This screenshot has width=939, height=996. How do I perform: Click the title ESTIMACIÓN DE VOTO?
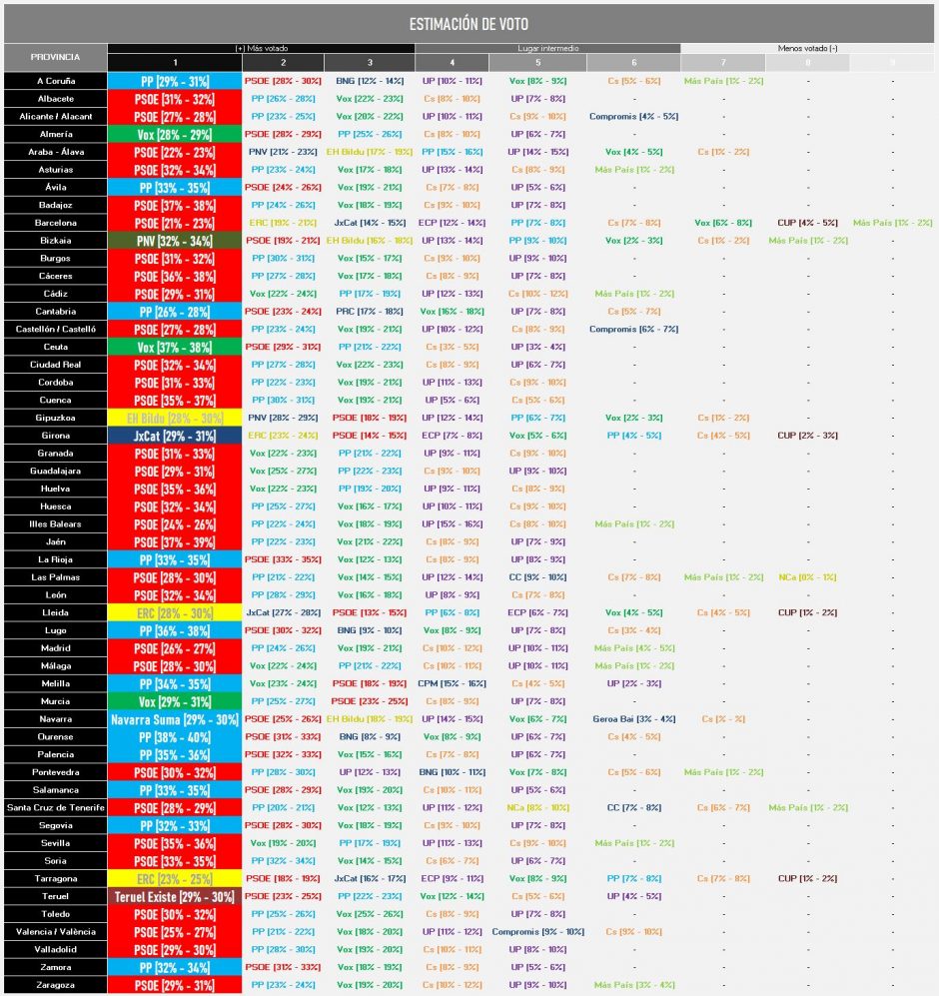pyautogui.click(x=469, y=24)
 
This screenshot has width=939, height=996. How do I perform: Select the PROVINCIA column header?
pyautogui.click(x=55, y=57)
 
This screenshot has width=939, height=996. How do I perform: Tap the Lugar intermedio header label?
pyautogui.click(x=546, y=48)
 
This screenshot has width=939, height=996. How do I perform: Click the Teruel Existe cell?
pyautogui.click(x=175, y=897)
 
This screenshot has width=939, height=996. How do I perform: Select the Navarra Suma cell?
pyautogui.click(x=175, y=719)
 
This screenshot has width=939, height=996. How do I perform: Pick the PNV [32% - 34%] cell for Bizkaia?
pyautogui.click(x=175, y=241)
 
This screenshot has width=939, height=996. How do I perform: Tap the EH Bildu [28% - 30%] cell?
pyautogui.click(x=175, y=418)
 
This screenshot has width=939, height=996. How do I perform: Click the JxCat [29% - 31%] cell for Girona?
pyautogui.click(x=175, y=436)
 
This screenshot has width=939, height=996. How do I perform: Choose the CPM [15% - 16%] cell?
pyautogui.click(x=452, y=683)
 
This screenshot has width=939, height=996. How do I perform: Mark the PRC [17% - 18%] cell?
pyautogui.click(x=369, y=312)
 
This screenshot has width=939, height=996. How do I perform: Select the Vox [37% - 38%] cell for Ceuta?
pyautogui.click(x=175, y=347)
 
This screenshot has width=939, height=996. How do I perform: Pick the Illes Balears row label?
pyautogui.click(x=55, y=524)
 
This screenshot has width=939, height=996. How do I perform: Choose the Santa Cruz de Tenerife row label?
pyautogui.click(x=55, y=808)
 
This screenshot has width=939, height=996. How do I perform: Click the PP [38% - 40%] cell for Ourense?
pyautogui.click(x=175, y=737)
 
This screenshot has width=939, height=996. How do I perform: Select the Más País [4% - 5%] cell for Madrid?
pyautogui.click(x=633, y=648)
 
